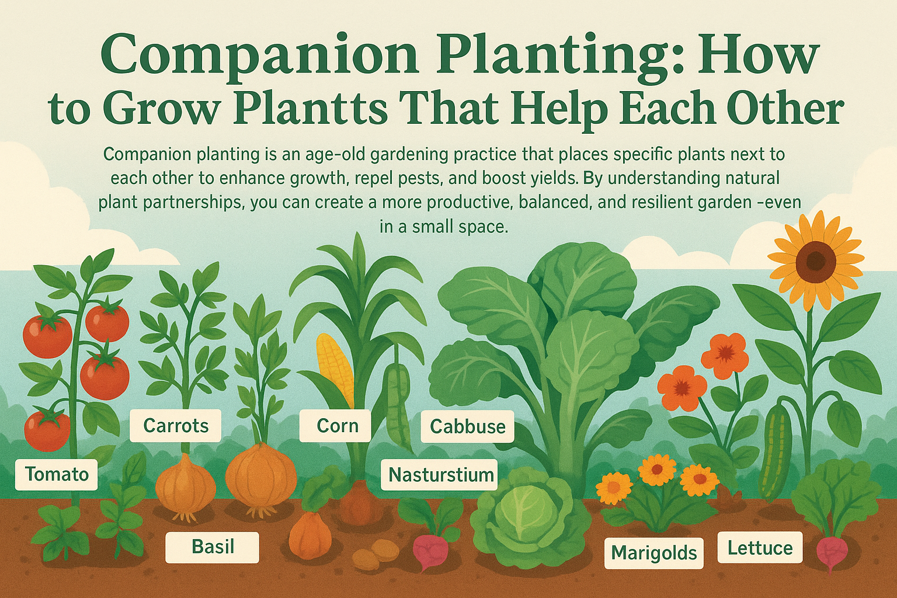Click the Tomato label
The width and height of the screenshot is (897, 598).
click(x=57, y=475)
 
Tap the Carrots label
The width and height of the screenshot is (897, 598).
click(x=176, y=426)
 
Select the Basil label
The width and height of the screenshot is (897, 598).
click(x=213, y=547)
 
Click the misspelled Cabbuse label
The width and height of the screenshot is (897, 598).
click(x=467, y=426)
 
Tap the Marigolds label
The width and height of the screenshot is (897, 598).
click(x=654, y=553)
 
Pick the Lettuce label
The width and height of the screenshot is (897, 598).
click(x=760, y=548)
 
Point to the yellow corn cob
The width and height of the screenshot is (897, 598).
click(x=333, y=368)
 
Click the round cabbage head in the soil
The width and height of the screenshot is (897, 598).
click(x=530, y=517)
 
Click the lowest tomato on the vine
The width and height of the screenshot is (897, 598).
click(x=47, y=430)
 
